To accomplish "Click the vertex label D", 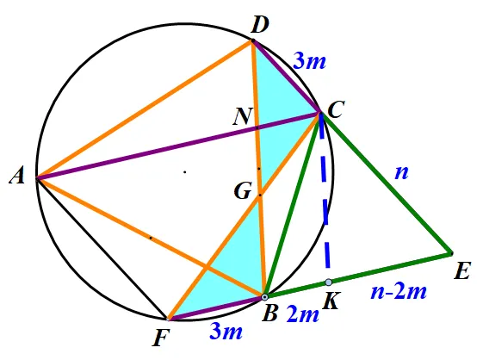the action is tap(260, 25).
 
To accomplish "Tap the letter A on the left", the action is tap(17, 177).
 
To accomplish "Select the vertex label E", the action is tap(462, 271).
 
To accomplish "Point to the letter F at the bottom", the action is tap(161, 338).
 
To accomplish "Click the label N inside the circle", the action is tap(243, 116).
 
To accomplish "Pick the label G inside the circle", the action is tap(243, 191).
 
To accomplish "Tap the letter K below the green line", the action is tap(331, 301).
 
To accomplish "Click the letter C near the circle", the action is tap(335, 109).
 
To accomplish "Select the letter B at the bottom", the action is tap(269, 313).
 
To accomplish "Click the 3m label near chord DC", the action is tap(309, 60).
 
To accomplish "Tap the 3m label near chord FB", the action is tap(226, 332).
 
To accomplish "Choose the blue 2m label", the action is tap(302, 315).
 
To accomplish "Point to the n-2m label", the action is tap(399, 291).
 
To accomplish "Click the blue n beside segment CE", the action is tap(402, 172).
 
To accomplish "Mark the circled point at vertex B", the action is tap(264, 297).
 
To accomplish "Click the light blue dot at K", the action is tap(329, 282).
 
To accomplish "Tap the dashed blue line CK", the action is tap(325, 197).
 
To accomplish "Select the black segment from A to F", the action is tap(102, 248).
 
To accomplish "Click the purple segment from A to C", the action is tap(178, 146).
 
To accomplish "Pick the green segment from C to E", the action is tap(386, 183).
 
